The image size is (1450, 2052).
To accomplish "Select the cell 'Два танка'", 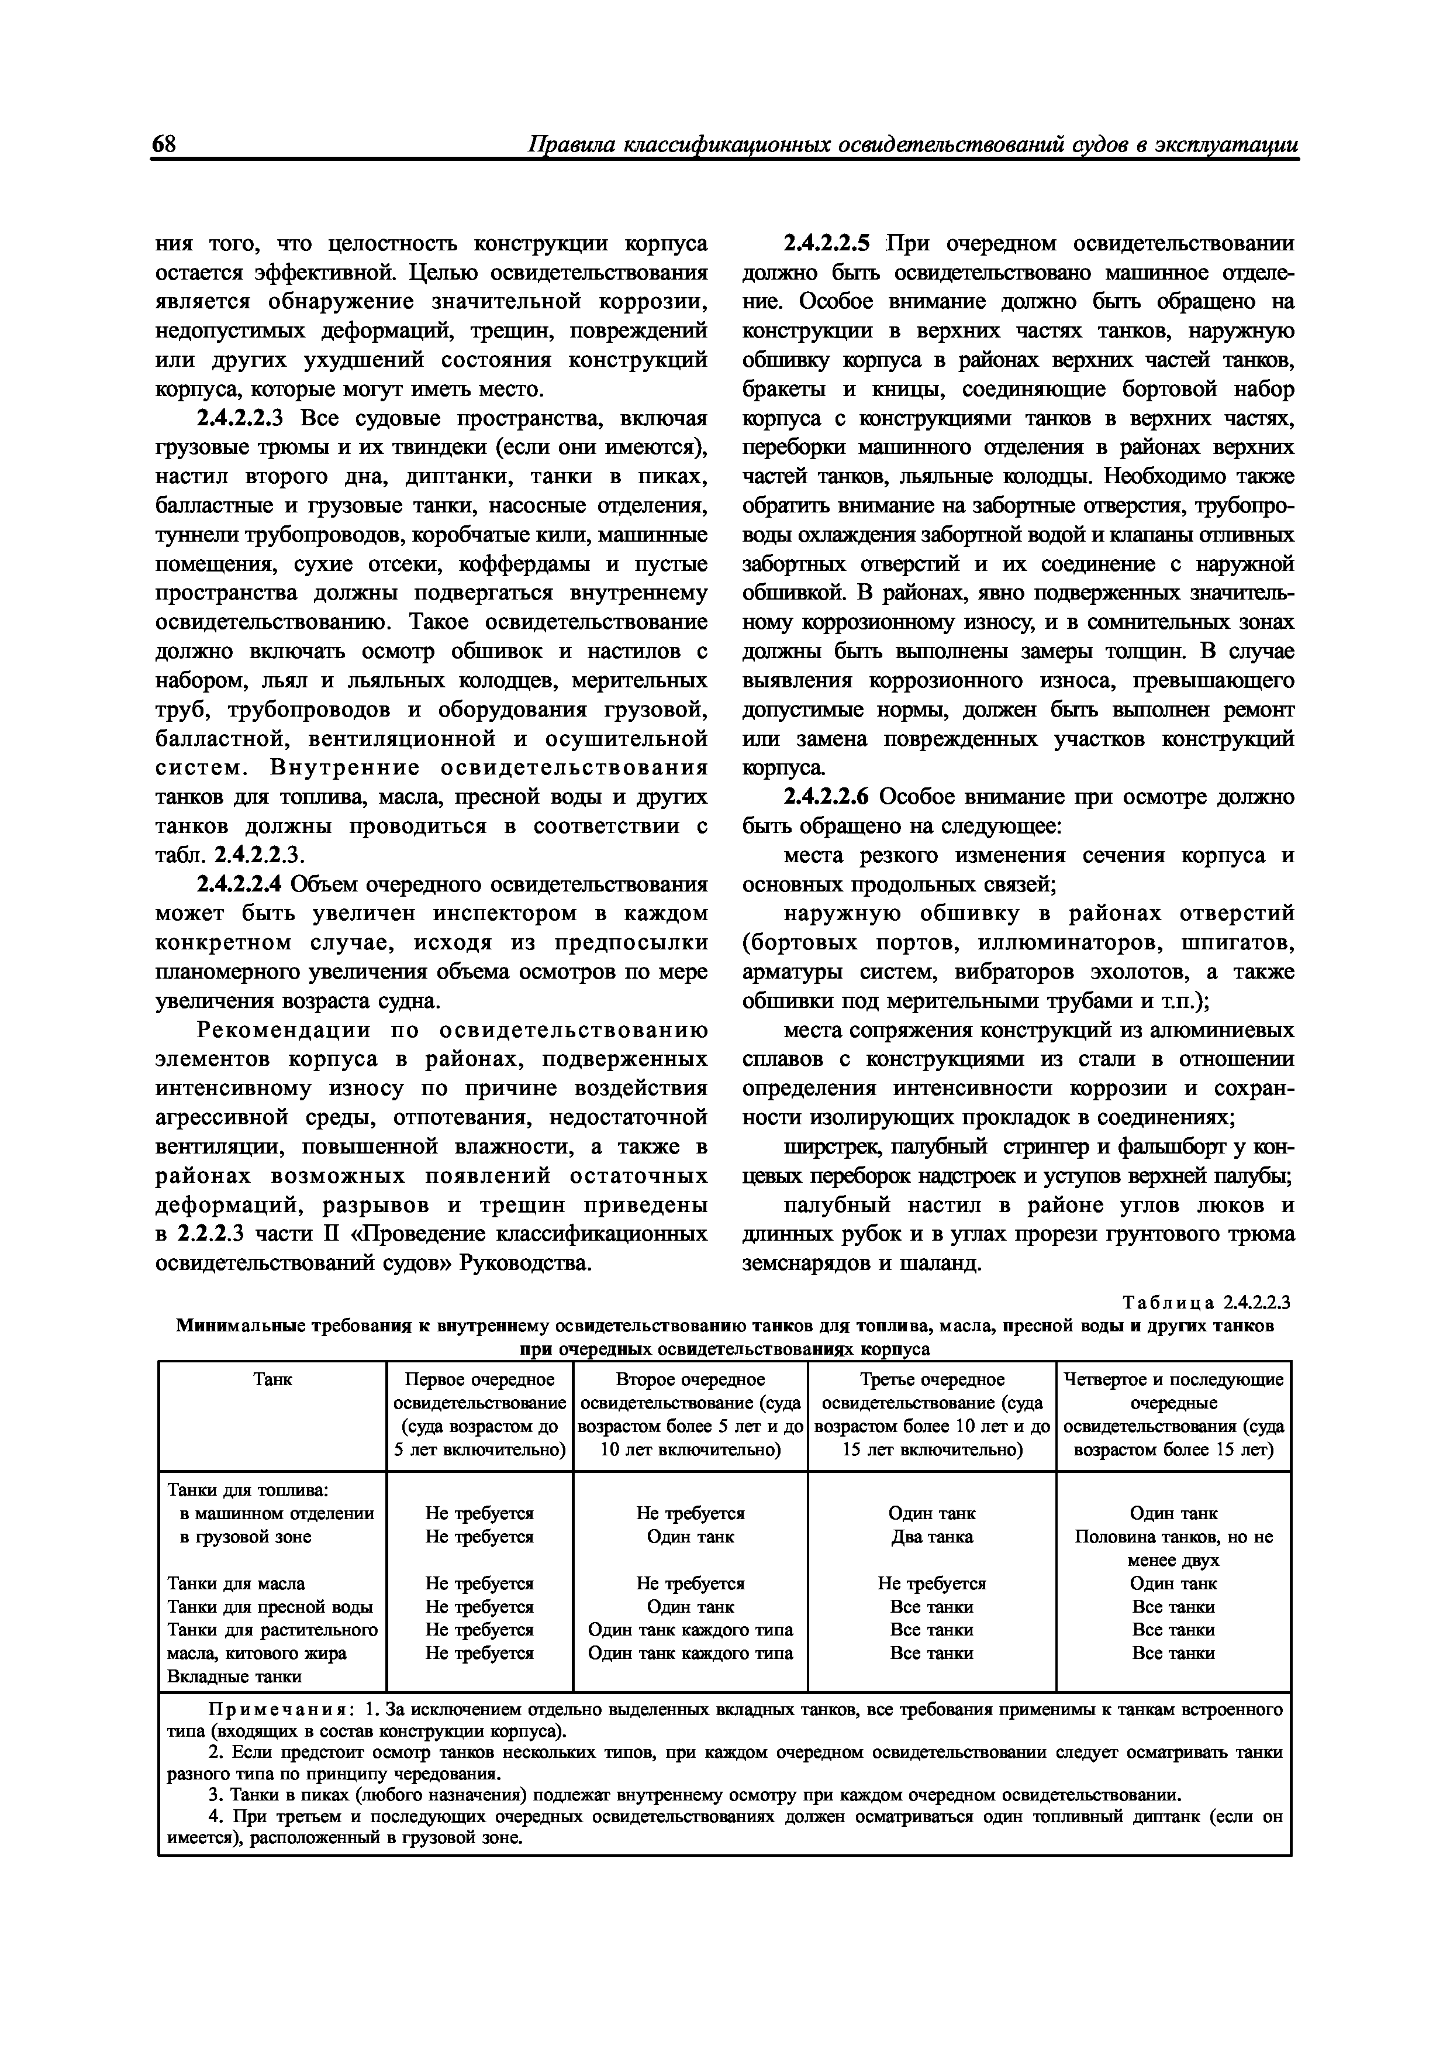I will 932,1537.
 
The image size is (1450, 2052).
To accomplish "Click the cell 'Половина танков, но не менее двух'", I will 1173,1549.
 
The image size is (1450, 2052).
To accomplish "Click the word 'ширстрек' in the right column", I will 824,1146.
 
